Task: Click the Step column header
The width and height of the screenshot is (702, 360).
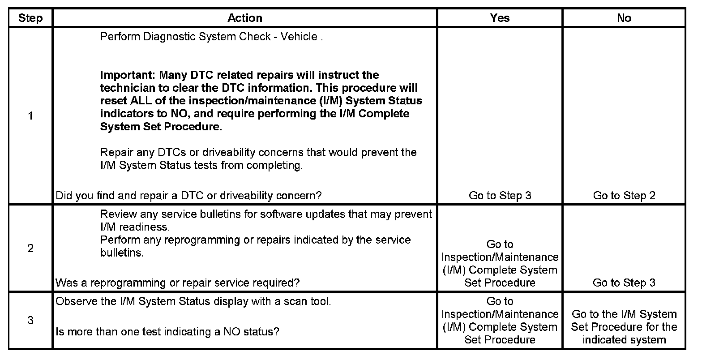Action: pos(30,18)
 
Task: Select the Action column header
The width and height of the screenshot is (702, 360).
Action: pos(244,18)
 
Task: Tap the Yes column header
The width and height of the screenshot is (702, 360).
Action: pos(500,18)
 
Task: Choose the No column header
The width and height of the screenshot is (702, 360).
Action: pos(624,18)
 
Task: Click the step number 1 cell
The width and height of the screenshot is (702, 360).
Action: pos(30,116)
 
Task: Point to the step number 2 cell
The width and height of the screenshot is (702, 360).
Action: pos(30,249)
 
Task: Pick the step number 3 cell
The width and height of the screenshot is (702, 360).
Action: pos(30,321)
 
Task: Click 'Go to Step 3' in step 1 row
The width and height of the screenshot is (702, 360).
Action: pos(500,196)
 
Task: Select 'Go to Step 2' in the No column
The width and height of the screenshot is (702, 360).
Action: pos(624,196)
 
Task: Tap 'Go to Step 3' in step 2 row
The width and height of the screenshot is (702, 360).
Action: pos(624,283)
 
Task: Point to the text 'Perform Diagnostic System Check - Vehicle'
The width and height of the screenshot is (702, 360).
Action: pos(209,37)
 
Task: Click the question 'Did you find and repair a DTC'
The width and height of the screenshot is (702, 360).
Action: pos(188,196)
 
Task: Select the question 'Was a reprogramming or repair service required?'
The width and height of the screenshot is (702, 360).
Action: pos(177,283)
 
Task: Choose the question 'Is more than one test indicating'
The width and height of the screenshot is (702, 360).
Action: pos(167,332)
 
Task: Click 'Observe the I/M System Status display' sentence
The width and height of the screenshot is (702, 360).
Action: pos(193,301)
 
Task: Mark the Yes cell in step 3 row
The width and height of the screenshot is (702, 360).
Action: pos(500,321)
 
